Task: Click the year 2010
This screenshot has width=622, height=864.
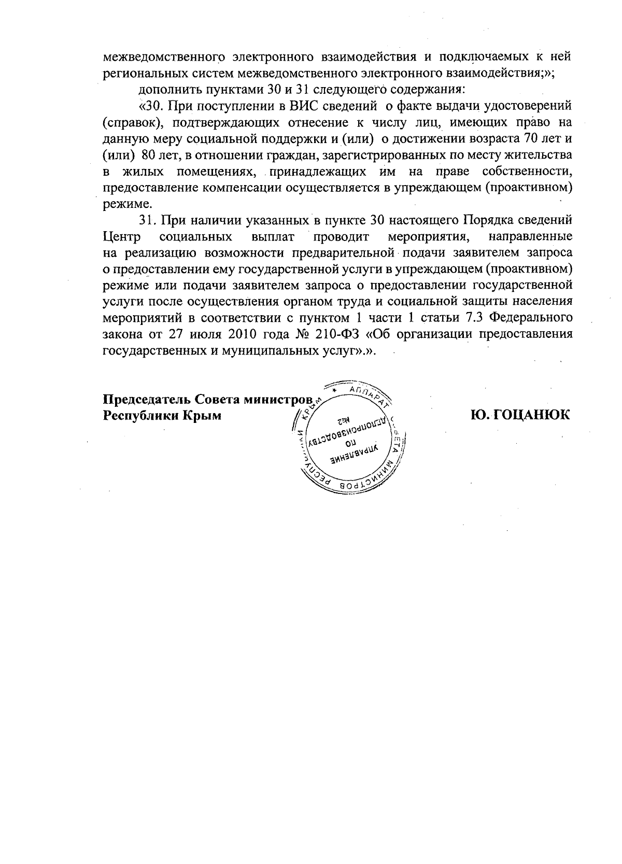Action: (x=242, y=334)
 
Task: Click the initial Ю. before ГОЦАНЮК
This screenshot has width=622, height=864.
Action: (x=479, y=415)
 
